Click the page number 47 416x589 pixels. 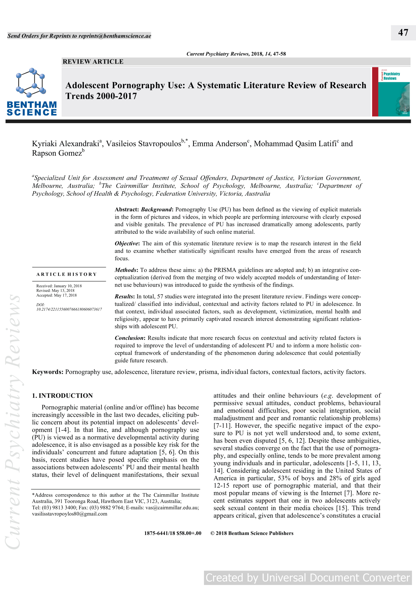pyautogui.click(x=403, y=33)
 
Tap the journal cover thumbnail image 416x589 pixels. pyautogui.click(x=391, y=92)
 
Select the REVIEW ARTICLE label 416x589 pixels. pyautogui.click(x=93, y=62)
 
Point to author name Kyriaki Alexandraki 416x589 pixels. pyautogui.click(x=65, y=144)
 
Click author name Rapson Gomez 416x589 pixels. pyautogui.click(x=57, y=153)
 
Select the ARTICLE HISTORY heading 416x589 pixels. pyautogui.click(x=67, y=274)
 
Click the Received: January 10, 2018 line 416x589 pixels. pyautogui.click(x=59, y=286)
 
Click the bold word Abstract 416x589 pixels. pyautogui.click(x=126, y=210)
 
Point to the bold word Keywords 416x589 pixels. pyautogui.click(x=47, y=372)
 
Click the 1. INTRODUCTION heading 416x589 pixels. pyautogui.click(x=62, y=396)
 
